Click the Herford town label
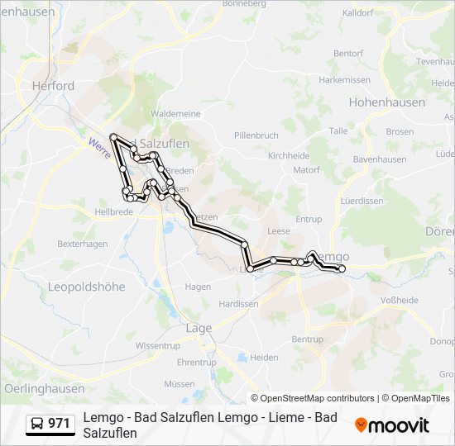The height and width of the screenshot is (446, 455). tap(53, 85)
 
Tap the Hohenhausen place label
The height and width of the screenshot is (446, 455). tap(386, 102)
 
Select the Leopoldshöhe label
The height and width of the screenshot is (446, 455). tap(87, 287)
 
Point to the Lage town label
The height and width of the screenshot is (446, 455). tap(199, 328)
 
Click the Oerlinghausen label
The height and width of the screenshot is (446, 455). tap(44, 388)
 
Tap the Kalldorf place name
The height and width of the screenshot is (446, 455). tap(357, 13)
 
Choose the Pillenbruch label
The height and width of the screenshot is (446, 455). tap(256, 135)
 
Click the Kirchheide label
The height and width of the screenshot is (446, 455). tap(290, 155)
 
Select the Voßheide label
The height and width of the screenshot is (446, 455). tap(399, 301)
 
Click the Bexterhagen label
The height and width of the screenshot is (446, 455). tap(83, 244)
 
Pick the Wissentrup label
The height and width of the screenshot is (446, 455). tap(157, 344)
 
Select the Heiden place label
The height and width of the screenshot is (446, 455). tap(264, 357)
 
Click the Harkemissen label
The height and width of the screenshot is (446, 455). tap(344, 79)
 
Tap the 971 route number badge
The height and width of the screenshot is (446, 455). tap(59, 424)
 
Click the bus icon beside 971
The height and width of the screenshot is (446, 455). tap(38, 424)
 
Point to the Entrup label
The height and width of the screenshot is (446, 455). tap(309, 219)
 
